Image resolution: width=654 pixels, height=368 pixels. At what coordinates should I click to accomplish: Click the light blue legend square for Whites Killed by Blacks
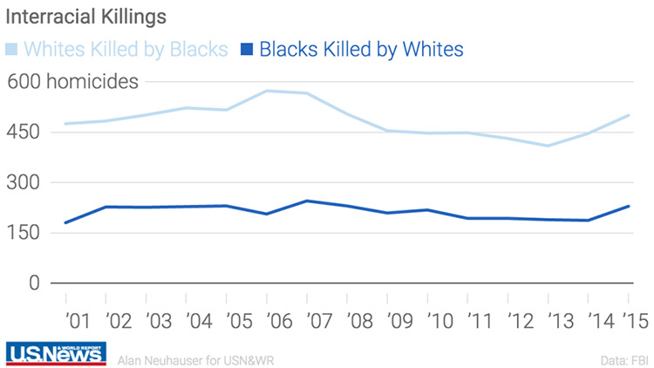(x=11, y=49)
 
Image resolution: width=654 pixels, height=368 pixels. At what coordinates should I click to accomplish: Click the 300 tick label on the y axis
(x=24, y=183)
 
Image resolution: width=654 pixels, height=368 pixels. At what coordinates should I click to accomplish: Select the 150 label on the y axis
(x=24, y=233)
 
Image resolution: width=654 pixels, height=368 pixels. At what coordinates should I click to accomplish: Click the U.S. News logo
(x=56, y=352)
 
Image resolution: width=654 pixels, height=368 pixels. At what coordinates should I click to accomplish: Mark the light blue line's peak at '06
(x=266, y=91)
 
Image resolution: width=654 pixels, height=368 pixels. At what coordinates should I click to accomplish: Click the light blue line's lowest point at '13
(x=548, y=146)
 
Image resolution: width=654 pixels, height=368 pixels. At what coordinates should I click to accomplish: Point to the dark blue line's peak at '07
(x=306, y=201)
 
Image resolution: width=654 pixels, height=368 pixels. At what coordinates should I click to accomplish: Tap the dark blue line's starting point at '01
(x=65, y=222)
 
